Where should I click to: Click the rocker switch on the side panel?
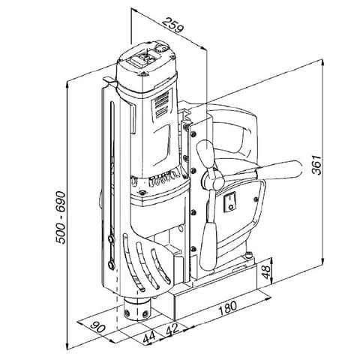click(231, 200)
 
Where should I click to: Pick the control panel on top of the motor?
click(149, 60)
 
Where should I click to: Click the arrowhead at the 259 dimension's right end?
click(204, 49)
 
